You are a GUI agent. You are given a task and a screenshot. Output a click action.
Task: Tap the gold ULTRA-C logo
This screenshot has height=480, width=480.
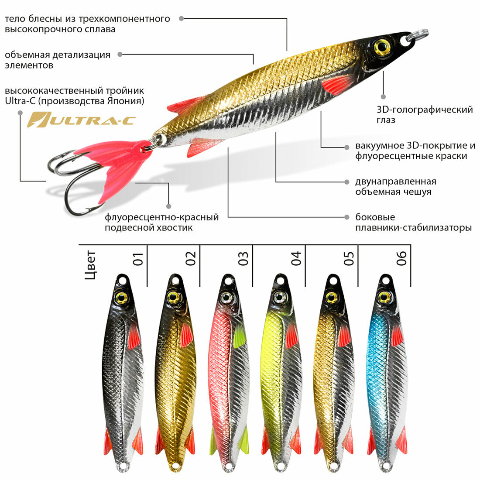coord(82,120)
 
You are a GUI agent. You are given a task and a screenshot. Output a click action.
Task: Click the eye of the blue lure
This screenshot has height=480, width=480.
coord(384,297)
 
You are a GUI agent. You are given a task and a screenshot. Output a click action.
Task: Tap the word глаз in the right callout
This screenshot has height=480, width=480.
coord(386,120)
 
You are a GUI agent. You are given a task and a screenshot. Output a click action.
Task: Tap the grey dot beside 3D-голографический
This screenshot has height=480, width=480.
coord(383,96)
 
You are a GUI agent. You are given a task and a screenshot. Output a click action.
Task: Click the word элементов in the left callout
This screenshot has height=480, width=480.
coord(29,65)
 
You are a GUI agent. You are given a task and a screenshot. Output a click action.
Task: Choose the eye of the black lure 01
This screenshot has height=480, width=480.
coord(121,298)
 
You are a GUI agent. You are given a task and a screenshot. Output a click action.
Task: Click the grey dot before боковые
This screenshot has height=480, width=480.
coord(347,217)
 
